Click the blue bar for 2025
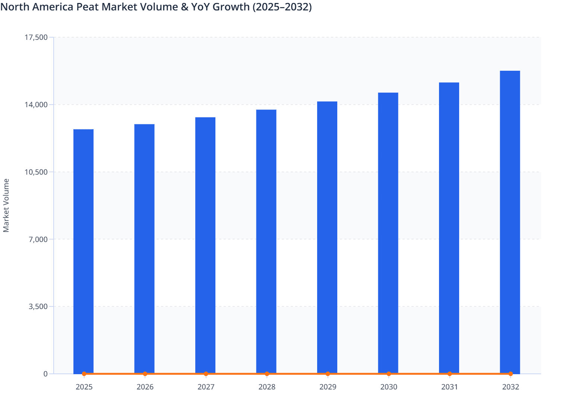83,251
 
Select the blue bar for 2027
205,245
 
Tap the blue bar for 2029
327,238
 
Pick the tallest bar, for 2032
510,222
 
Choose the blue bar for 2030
388,233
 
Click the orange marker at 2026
145,374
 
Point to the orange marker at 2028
267,374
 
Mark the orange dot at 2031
449,374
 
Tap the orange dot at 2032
511,374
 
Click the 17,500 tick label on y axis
36,37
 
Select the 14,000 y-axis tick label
36,105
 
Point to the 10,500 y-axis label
36,172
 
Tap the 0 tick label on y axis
45,374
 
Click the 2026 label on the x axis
145,387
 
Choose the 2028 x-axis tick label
267,387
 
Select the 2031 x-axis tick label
449,387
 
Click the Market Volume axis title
6,206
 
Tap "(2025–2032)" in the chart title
282,7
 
